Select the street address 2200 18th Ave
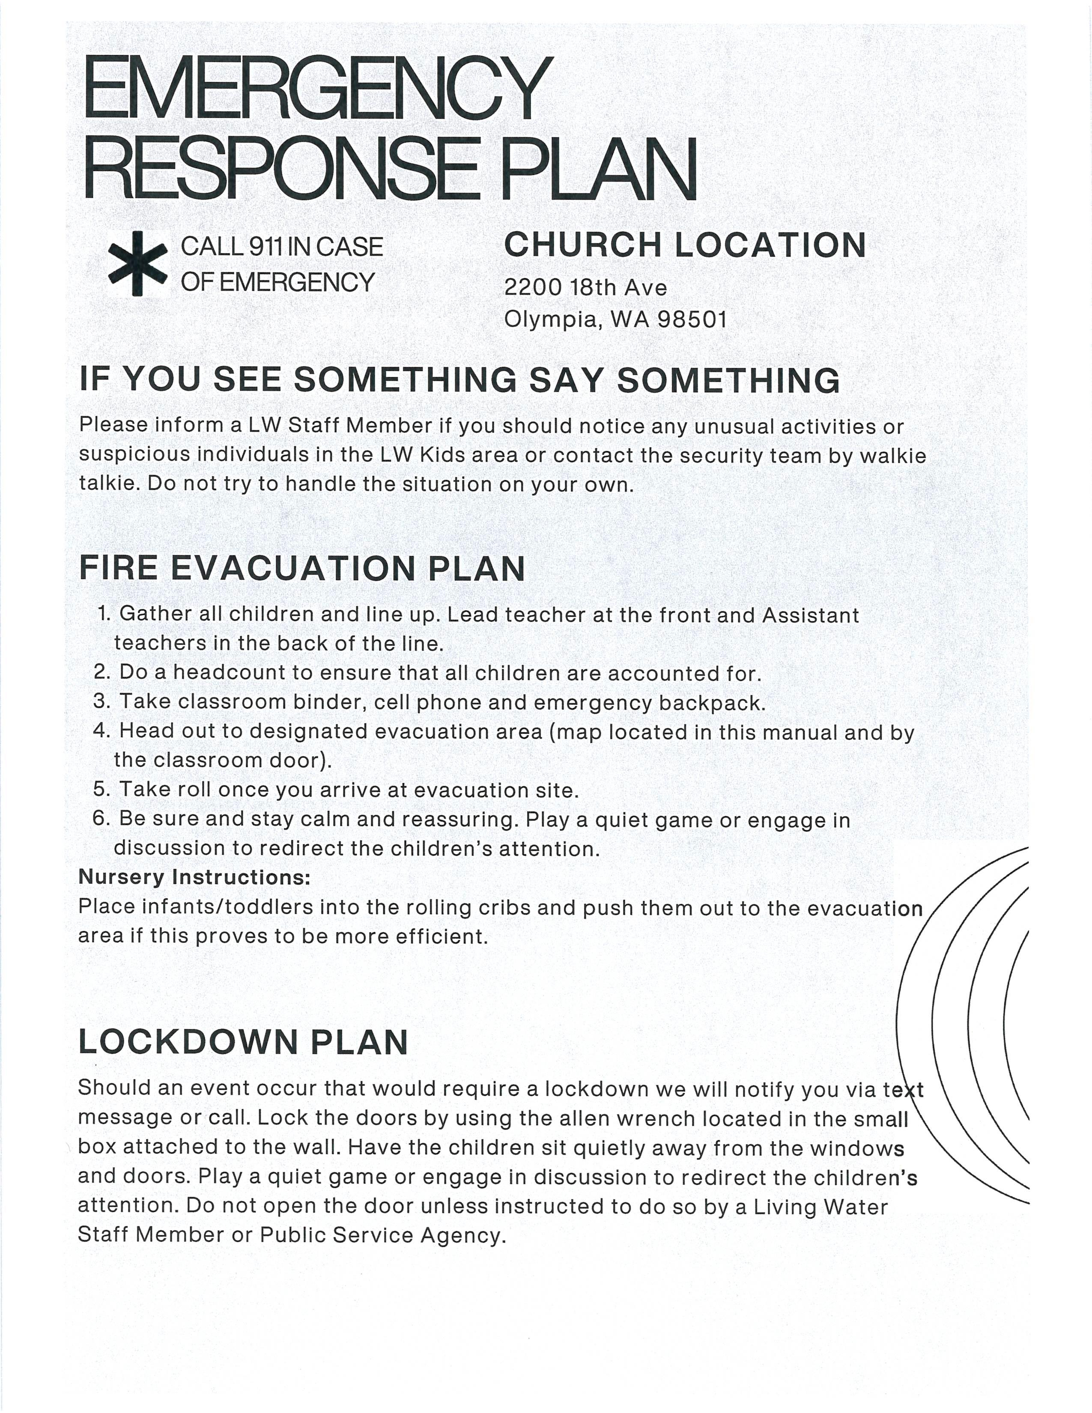click(x=585, y=287)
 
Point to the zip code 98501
click(x=692, y=319)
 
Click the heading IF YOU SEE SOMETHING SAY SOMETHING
click(x=459, y=380)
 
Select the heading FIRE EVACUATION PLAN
click(x=301, y=568)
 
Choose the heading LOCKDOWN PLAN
click(x=243, y=1042)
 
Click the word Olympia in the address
click(x=550, y=319)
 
